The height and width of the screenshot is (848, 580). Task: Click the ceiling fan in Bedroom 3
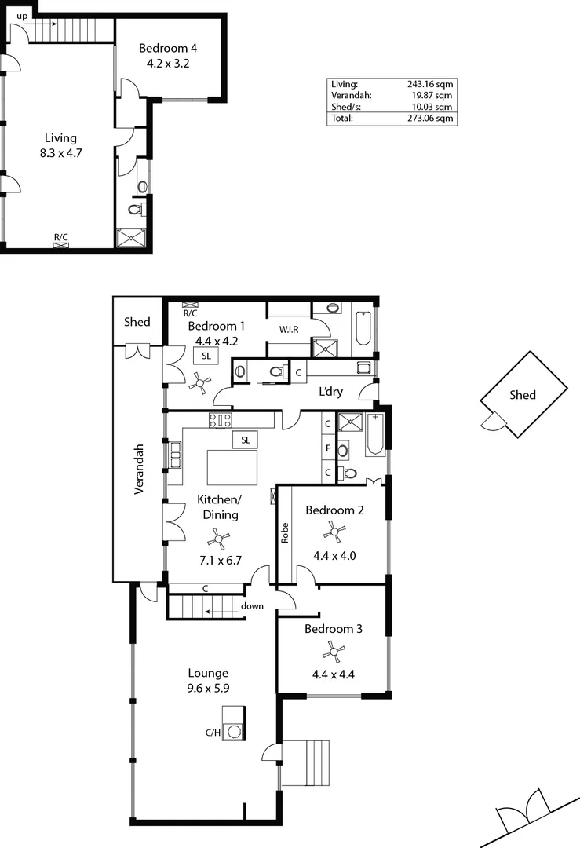[x=336, y=650]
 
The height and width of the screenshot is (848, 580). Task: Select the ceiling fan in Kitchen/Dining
[x=219, y=538]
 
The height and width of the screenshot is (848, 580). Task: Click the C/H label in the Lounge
[x=213, y=733]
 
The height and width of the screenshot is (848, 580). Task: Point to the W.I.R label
[x=288, y=330]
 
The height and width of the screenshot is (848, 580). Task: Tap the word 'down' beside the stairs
[x=253, y=606]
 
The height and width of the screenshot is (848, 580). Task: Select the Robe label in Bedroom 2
[x=285, y=534]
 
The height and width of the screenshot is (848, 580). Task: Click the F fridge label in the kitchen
[x=327, y=448]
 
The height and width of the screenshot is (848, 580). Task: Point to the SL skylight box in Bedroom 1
[x=206, y=356]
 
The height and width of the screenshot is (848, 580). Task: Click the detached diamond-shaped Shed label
[x=523, y=395]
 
